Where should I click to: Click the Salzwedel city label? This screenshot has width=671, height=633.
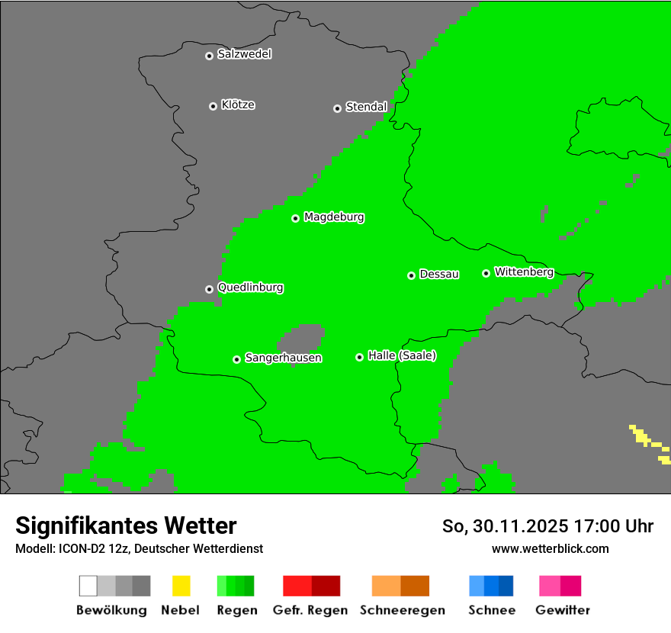(x=244, y=54)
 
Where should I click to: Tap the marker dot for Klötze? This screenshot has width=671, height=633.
(x=213, y=106)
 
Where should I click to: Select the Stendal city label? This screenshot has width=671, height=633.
(x=366, y=107)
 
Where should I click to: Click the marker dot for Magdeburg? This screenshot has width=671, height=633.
(x=295, y=218)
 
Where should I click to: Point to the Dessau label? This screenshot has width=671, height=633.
(x=439, y=274)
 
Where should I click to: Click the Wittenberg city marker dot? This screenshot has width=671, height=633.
(x=486, y=273)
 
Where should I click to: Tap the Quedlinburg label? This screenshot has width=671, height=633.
(x=250, y=288)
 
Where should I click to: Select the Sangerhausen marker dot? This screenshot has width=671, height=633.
(x=236, y=359)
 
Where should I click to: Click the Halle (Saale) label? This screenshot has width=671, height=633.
(x=402, y=355)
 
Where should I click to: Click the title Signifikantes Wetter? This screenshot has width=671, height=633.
(x=126, y=525)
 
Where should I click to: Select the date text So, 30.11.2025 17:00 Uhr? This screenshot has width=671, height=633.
(x=547, y=526)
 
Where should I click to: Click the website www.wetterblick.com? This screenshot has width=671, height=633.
(x=550, y=548)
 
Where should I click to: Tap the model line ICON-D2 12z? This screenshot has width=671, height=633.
(x=139, y=548)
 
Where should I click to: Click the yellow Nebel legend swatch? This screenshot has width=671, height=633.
(x=181, y=586)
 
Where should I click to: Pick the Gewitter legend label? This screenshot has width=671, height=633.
(x=563, y=610)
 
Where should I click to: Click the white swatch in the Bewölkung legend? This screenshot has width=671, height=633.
(x=88, y=586)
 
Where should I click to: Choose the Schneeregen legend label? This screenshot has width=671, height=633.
(x=400, y=610)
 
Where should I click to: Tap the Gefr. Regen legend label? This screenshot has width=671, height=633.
(x=310, y=610)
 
